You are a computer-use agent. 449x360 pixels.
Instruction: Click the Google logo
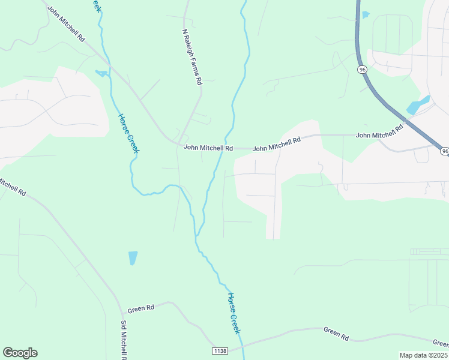(20, 353)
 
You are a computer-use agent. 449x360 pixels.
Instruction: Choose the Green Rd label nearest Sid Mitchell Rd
(142, 308)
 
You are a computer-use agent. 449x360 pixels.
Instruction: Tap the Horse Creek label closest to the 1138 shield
(234, 313)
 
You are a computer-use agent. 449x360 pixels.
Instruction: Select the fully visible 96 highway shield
(362, 70)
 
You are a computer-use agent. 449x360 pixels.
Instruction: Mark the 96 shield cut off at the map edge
(444, 151)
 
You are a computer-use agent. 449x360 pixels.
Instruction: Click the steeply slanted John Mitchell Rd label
(66, 25)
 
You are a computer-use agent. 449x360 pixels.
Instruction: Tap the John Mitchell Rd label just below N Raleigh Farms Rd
(208, 147)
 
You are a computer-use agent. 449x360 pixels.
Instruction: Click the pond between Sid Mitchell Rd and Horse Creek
(133, 258)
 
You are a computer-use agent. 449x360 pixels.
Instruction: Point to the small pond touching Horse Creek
(101, 74)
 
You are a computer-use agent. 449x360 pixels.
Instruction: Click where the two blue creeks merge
(196, 236)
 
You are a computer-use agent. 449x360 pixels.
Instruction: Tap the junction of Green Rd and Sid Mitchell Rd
(121, 313)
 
